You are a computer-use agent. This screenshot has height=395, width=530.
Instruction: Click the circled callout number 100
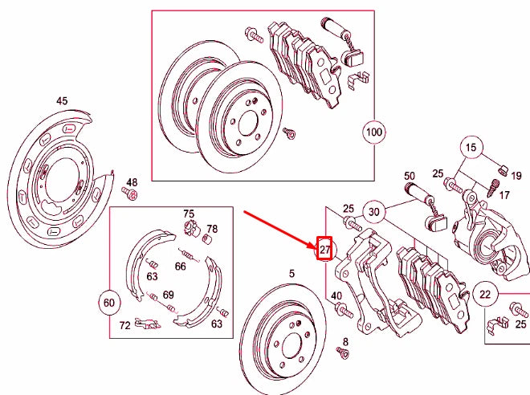pos(374,131)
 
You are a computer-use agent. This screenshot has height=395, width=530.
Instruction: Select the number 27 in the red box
pos(325,250)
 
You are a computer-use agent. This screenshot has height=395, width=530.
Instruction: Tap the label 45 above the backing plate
pos(62,101)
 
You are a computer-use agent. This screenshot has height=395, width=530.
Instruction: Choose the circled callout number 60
pos(109,302)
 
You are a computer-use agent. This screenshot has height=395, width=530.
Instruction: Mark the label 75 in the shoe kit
pos(189,214)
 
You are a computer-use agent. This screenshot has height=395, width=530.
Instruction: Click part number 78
pos(212,229)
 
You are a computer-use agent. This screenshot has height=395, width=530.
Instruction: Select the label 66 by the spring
pos(181,266)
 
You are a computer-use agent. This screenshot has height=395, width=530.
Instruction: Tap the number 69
pos(168,295)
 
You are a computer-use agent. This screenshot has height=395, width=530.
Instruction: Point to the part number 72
pos(124,325)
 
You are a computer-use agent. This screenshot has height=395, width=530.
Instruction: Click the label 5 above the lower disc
pos(291,274)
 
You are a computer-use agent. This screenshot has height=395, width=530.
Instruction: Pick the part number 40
pos(336,297)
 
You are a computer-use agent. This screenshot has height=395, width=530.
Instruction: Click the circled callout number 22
pos(485,293)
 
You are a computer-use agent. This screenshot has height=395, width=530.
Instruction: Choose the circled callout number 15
pos(471,147)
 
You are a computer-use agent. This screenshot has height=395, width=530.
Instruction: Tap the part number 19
pos(516,173)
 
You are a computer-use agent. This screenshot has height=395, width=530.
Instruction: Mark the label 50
pos(409,176)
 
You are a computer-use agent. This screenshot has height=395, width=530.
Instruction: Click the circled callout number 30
pos(373,212)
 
